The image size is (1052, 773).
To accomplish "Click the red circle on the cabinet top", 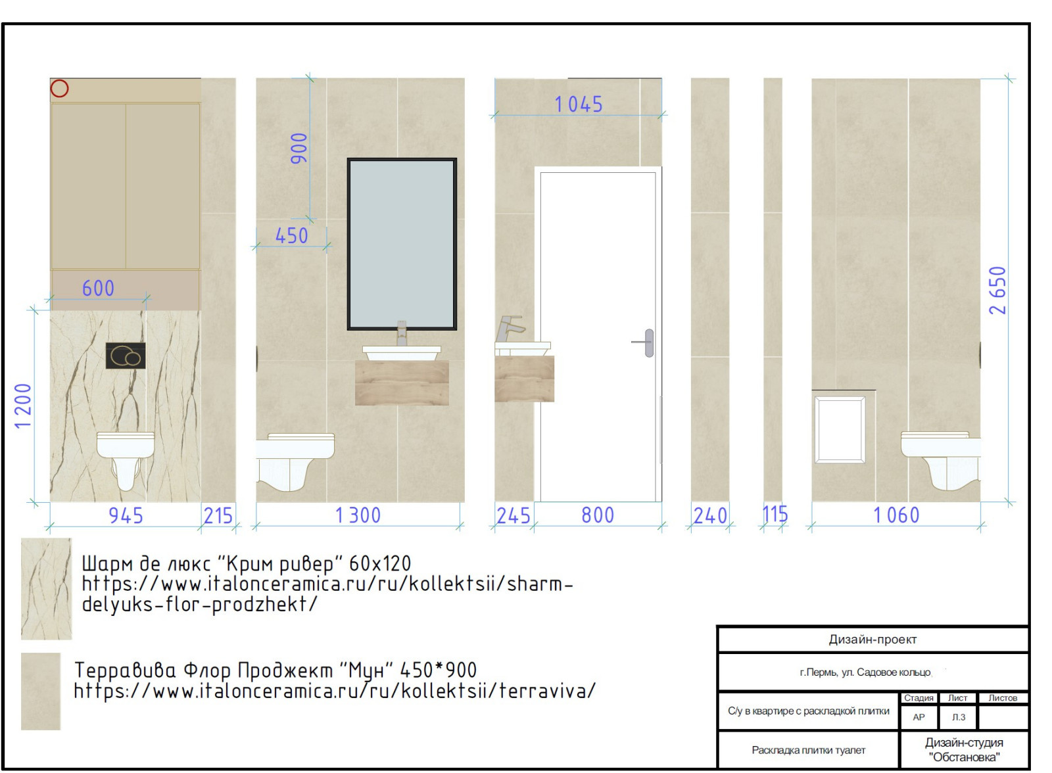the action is pos(60,88).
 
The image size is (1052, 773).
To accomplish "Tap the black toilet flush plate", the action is pos(126,356).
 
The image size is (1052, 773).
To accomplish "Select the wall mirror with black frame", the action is pos(402,245).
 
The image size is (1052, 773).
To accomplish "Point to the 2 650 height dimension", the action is pos(997,291).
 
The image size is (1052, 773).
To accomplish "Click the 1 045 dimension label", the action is pos(578,105).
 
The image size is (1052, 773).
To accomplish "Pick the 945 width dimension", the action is pos(126,515).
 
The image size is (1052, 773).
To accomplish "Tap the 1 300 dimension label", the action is pos(358,515).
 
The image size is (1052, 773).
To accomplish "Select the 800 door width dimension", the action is pos(598,515).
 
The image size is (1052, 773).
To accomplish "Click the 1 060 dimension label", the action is pos(896,515).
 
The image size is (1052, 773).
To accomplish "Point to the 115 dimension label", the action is pos(775,514).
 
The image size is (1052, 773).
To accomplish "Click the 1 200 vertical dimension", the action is pos(23,406).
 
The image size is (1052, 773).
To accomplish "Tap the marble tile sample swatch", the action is pos(47,589).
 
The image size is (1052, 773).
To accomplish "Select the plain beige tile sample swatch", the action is pos(41,691).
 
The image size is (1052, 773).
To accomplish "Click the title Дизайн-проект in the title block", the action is pos(873,639).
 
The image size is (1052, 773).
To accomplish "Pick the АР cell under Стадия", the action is pos(919,717).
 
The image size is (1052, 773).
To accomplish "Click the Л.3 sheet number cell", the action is pos(958,717).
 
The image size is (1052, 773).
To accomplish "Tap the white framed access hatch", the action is pos(840,430).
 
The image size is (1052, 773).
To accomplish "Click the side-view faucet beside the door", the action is pos(510,329).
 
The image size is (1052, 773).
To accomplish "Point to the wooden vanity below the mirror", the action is pos(402,383).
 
